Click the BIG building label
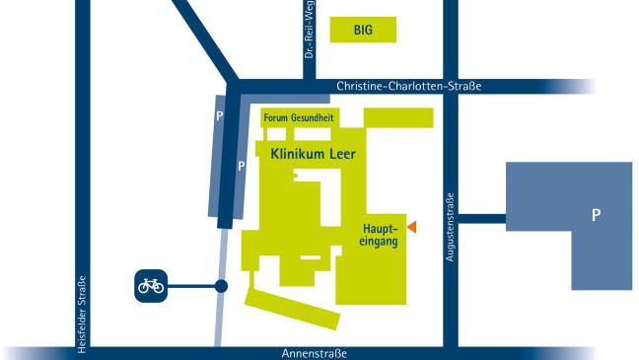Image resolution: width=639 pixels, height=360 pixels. pos(363,31)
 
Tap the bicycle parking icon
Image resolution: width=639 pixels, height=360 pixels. pos(150,286)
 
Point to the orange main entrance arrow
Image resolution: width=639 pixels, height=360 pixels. pos(413,228)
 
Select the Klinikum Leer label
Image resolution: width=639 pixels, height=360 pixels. pos(306,155)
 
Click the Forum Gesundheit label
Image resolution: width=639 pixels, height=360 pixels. pos(299,117)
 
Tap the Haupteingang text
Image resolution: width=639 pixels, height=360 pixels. pos(379,236)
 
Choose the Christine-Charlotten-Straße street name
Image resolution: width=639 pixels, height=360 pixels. pos(408,87)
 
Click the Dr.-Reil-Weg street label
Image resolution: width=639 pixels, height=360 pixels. pos(309,30)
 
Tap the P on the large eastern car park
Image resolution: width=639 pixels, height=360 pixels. pos(595,214)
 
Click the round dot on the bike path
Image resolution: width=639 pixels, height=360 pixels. pos(222,286)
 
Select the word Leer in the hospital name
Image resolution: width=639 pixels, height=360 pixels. pos(339,155)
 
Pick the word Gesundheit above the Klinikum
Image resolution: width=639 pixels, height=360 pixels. pos(311,117)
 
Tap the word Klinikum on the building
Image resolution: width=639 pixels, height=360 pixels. pos(290,155)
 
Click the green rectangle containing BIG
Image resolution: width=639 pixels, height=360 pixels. pos(363,31)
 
